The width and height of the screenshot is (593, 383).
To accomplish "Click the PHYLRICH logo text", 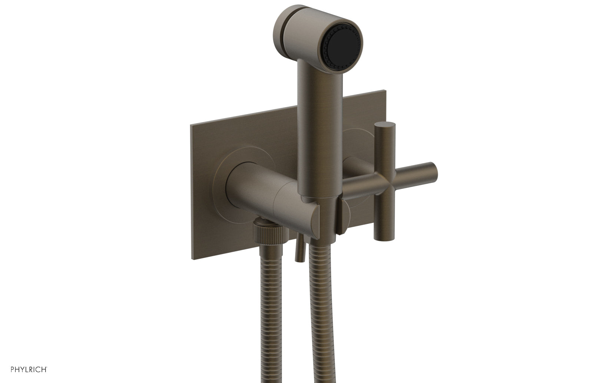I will pyautogui.click(x=23, y=369).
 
